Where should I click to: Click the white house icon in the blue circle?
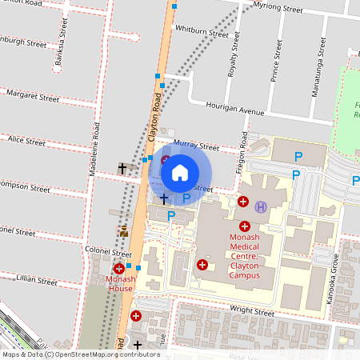180,171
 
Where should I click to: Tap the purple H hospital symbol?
260,206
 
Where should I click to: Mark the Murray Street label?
195,146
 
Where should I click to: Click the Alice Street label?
26,141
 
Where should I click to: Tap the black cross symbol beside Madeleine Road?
122,168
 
